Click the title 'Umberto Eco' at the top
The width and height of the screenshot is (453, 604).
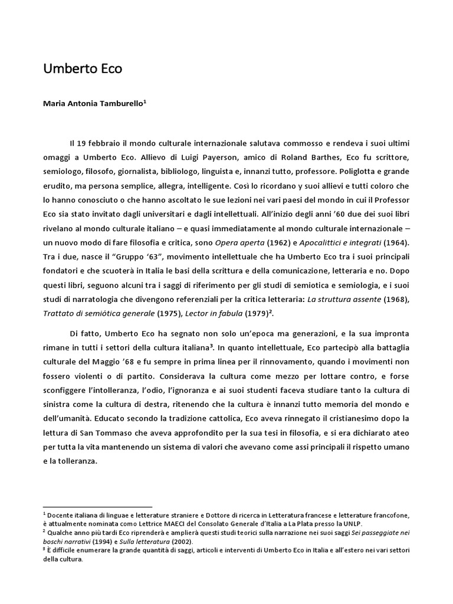[x=83, y=69]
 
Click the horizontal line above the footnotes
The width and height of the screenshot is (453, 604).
[x=97, y=506]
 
